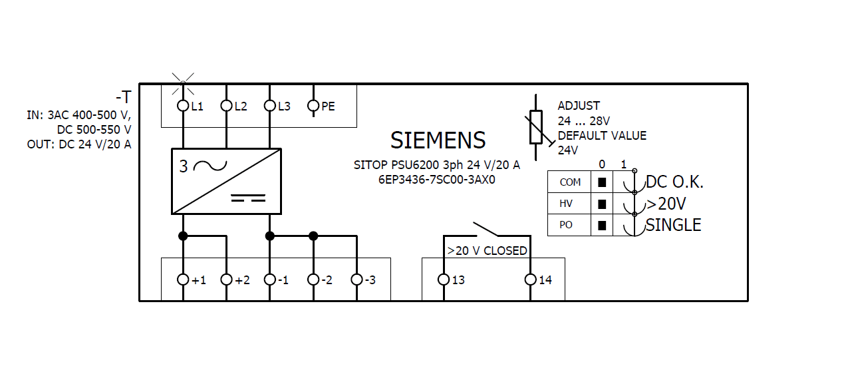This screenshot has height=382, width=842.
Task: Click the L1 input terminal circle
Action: (x=183, y=106)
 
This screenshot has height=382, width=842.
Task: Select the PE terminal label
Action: (x=328, y=106)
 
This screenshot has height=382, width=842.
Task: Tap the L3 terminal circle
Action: (x=269, y=106)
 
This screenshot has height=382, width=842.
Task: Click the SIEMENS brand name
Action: (x=438, y=140)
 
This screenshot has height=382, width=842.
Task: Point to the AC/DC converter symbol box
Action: (x=226, y=181)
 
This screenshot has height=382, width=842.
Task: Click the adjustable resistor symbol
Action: (x=536, y=128)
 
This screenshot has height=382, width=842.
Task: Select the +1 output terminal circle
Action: (x=183, y=280)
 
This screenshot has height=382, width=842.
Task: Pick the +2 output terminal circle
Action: (x=226, y=280)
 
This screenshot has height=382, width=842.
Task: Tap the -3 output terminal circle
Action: (x=356, y=280)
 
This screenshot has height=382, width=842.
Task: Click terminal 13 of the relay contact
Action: (x=444, y=280)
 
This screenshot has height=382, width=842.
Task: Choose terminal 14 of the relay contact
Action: (x=530, y=280)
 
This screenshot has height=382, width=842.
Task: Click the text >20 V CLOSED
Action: (x=487, y=251)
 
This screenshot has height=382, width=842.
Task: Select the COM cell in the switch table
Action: (x=569, y=182)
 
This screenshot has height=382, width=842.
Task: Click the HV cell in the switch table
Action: (x=566, y=204)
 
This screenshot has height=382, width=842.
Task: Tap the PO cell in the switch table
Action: (x=566, y=225)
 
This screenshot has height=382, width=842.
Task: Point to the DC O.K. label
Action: (x=674, y=182)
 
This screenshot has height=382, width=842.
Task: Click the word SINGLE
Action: (x=673, y=225)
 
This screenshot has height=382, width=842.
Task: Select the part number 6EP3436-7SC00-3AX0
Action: (x=437, y=179)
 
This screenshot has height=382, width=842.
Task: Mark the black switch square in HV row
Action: (x=602, y=204)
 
